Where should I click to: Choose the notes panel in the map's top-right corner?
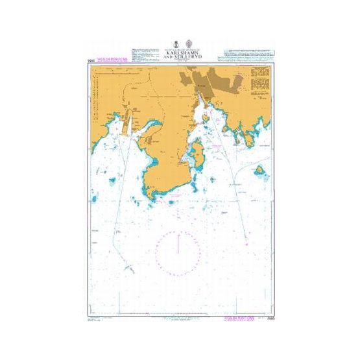point(259,82)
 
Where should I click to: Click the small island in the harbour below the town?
point(205,117)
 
